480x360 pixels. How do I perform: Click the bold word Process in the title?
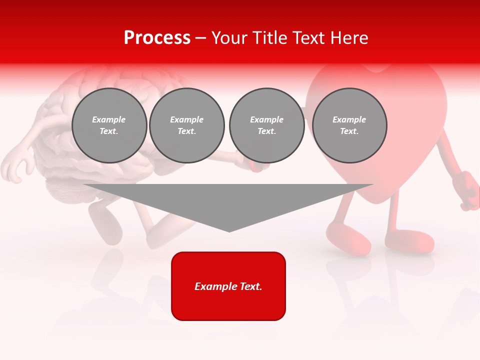[x=157, y=38]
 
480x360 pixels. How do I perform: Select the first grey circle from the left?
[x=109, y=125]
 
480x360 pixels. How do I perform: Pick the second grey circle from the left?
[x=186, y=125]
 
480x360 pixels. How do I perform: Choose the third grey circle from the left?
[x=266, y=125]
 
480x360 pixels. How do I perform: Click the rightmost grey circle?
[x=349, y=125]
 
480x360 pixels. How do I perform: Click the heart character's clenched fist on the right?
[x=469, y=190]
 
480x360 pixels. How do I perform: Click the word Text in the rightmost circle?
[x=349, y=131]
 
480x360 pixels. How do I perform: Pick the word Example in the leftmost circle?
[x=109, y=119]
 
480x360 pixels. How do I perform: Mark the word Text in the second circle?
[x=186, y=131]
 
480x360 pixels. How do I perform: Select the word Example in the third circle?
[x=266, y=119]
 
